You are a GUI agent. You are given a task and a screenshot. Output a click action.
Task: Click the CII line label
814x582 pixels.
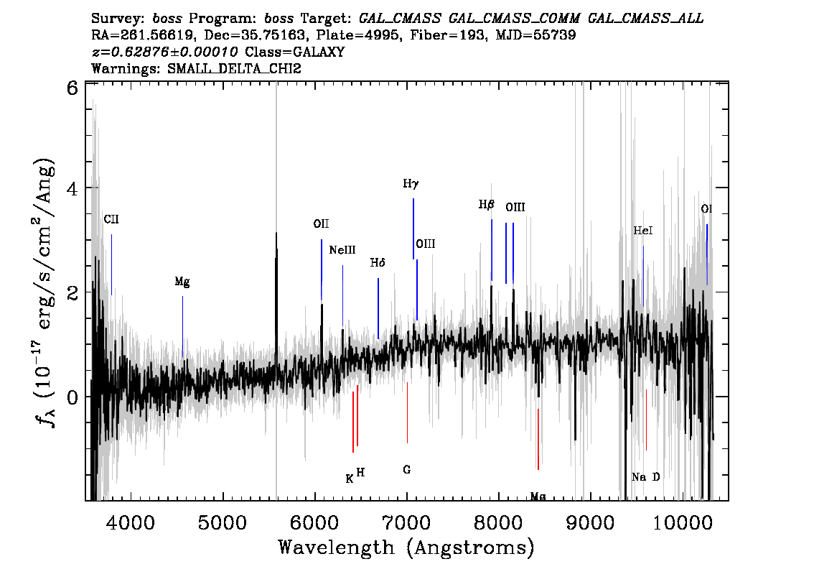coord(111,218)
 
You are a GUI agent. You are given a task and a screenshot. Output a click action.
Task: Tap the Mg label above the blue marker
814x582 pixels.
coord(182,282)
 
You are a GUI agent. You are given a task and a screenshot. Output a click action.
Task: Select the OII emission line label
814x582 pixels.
coord(321,224)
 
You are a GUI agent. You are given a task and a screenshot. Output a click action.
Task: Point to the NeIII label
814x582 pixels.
coord(342,250)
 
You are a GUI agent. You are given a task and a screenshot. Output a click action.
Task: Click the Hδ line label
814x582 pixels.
coord(378,263)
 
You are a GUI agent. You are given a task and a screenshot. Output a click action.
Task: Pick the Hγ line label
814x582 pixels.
coord(411,184)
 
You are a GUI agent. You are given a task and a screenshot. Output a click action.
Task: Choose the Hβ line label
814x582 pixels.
coord(487,205)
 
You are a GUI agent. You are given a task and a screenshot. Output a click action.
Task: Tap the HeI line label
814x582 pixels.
coord(643,231)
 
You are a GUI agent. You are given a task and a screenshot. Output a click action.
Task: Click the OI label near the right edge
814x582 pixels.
coord(707,209)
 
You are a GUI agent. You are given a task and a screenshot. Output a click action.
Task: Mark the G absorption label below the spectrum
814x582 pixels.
coord(407,470)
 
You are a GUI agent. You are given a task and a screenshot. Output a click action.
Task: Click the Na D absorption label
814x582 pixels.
coord(645,477)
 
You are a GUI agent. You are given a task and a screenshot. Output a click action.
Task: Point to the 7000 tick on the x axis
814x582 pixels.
coord(407,520)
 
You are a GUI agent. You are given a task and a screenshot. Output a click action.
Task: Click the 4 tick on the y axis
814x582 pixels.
coord(72,188)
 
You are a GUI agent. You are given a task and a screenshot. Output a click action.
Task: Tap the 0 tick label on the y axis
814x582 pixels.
coord(72,397)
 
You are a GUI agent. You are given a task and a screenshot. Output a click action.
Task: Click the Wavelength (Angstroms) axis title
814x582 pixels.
coord(406,548)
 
